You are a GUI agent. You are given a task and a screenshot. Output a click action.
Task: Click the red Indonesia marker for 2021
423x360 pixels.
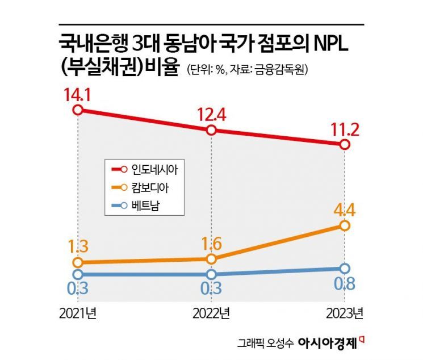click(x=78, y=110)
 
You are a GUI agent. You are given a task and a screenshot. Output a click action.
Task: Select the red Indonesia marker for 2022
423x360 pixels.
click(x=211, y=130)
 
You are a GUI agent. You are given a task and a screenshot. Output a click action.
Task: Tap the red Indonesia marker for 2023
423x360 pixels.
click(x=345, y=144)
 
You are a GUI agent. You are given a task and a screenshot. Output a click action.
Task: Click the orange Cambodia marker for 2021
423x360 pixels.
click(x=78, y=262)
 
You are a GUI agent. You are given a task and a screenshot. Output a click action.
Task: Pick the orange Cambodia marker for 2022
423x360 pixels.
click(x=211, y=259)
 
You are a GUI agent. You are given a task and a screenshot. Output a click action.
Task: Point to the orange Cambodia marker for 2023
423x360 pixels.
click(x=345, y=226)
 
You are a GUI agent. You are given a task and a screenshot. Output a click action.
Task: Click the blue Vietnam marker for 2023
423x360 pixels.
click(x=345, y=269)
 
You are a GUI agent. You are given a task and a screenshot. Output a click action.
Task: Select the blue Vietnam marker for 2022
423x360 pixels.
click(x=211, y=274)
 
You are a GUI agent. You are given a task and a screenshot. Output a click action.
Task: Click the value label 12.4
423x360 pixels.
click(x=211, y=112)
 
